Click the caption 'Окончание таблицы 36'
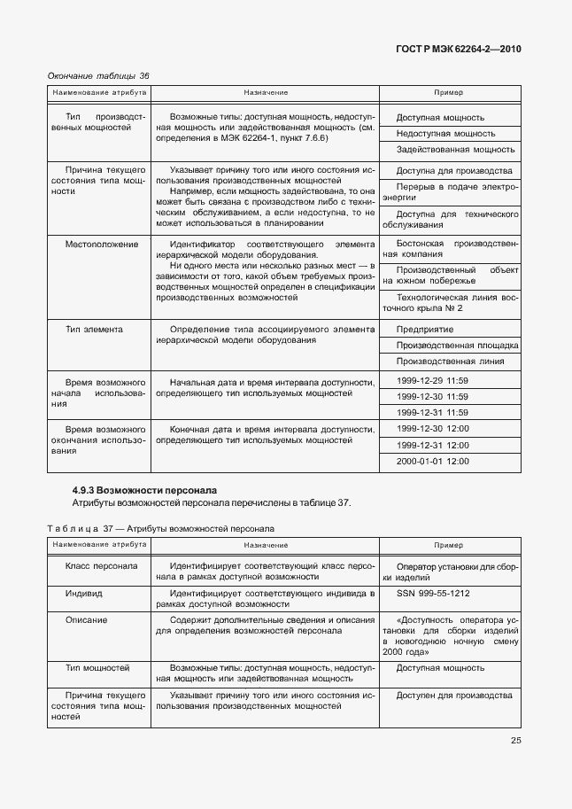98,75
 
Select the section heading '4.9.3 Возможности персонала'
143,490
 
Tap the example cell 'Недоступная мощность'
445,133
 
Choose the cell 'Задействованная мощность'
456,150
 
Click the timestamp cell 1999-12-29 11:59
432,380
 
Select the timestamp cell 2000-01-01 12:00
433,461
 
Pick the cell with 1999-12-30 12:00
432,429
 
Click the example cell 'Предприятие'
425,329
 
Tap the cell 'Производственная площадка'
457,345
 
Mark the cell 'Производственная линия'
451,361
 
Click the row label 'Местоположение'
102,244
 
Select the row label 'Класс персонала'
101,565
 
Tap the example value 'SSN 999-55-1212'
433,592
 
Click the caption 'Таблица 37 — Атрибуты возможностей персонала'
160,528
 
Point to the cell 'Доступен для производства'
454,695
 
